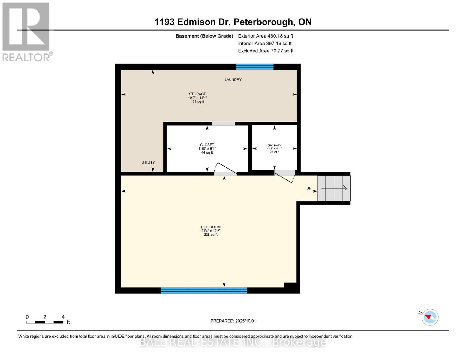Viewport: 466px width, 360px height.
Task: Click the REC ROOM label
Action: tap(211, 227)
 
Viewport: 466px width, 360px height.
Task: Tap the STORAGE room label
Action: tap(197, 94)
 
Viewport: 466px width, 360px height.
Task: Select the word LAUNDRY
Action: tap(233, 80)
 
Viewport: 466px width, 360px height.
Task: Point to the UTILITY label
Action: tap(148, 162)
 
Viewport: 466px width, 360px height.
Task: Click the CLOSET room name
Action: tap(207, 145)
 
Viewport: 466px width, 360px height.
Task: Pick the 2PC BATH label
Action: tap(275, 145)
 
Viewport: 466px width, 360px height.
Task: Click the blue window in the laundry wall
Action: tap(254, 67)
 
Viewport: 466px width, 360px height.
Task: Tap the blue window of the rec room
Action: tap(204, 290)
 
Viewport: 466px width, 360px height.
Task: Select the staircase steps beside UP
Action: tap(334, 188)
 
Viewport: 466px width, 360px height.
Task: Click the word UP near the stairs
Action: tap(309, 188)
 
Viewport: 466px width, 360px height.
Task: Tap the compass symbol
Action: tap(430, 317)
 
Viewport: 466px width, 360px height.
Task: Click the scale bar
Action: tap(45, 322)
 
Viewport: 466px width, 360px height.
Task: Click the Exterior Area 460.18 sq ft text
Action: tap(266, 36)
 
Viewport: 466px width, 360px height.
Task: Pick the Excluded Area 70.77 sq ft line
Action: tap(266, 51)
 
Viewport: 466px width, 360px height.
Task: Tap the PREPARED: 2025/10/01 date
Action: tap(233, 321)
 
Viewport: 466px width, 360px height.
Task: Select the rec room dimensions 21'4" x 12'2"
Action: tap(211, 231)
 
